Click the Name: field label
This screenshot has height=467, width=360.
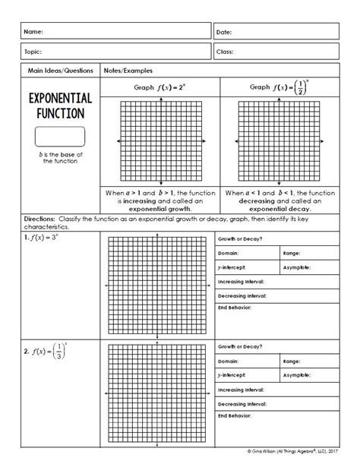pyautogui.click(x=35, y=33)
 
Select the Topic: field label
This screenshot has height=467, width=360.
pyautogui.click(x=35, y=52)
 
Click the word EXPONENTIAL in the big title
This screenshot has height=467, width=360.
pyautogui.click(x=60, y=99)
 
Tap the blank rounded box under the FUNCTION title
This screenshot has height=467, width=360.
pyautogui.click(x=59, y=137)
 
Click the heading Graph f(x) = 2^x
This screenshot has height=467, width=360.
pyautogui.click(x=159, y=87)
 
